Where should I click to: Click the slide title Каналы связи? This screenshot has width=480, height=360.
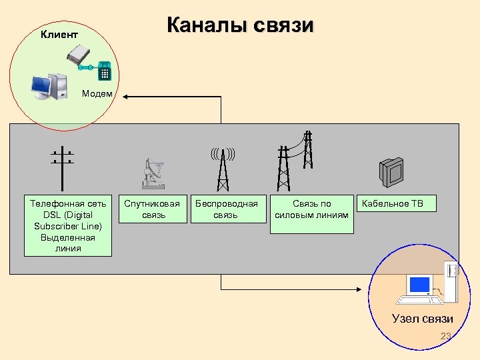tap(240, 25)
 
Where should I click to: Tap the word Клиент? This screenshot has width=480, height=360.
tap(59, 33)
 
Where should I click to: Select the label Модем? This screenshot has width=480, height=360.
tap(97, 93)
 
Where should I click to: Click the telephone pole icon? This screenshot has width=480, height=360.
tap(62, 167)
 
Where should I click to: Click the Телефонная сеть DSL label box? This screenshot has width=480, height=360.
tap(68, 225)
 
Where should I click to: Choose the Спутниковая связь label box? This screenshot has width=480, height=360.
tap(153, 209)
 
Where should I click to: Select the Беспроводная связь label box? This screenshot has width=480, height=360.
tap(225, 209)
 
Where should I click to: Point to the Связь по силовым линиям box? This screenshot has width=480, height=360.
tap(311, 213)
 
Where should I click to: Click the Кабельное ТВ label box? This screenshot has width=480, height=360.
tap(397, 203)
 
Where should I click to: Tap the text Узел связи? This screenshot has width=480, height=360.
tap(422, 318)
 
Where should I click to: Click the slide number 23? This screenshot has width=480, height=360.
tap(446, 336)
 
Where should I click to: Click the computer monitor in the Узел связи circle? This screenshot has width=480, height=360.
tap(419, 285)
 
